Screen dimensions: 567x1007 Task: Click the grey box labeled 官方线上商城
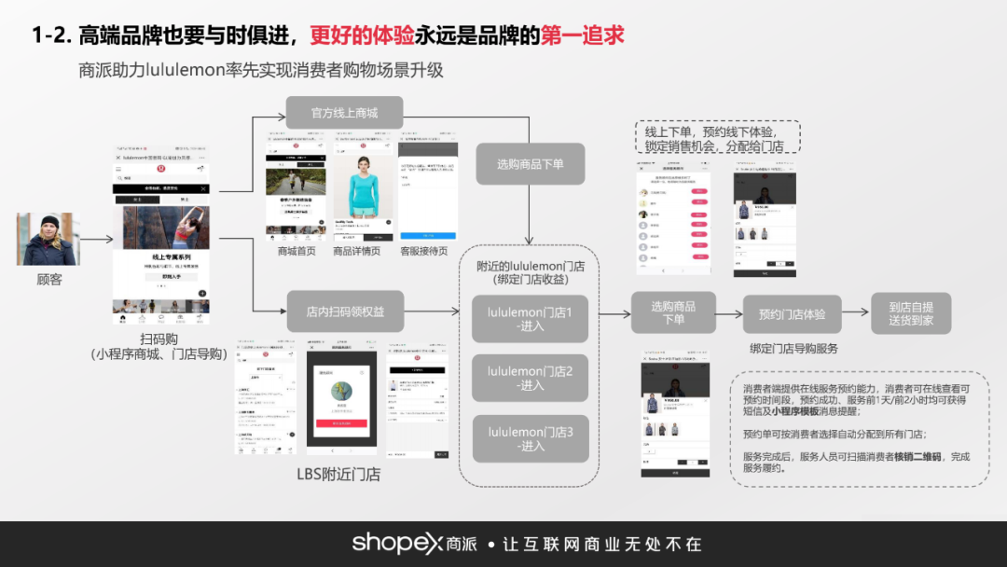tap(344, 113)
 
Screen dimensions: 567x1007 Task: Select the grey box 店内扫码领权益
tap(345, 311)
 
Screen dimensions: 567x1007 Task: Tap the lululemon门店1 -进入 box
tap(531, 319)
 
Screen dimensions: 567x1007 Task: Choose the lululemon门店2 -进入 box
tap(531, 378)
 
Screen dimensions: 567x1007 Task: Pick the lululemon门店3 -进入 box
tap(531, 438)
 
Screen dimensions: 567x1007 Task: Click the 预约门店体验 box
tap(792, 314)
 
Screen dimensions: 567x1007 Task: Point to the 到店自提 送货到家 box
tap(911, 313)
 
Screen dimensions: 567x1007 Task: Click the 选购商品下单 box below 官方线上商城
tap(530, 164)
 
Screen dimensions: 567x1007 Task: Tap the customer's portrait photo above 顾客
tap(48, 239)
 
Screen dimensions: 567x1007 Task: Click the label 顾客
tap(48, 279)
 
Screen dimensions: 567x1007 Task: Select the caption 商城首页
tap(297, 251)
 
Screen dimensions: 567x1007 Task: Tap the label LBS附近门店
tap(338, 474)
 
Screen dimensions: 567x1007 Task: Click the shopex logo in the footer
tap(395, 544)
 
